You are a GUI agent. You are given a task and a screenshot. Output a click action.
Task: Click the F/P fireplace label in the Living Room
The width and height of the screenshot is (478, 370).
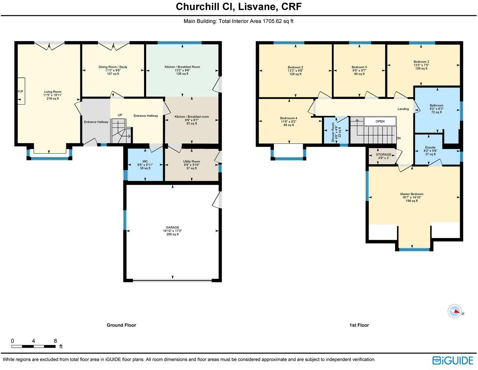pos(21,91)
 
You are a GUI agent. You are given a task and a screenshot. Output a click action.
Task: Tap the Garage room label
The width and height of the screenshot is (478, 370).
pos(172,227)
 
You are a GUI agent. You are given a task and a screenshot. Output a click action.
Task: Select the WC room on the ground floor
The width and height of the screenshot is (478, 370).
pos(145,165)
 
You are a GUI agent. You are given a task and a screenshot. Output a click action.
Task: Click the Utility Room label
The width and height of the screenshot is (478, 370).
pos(191,161)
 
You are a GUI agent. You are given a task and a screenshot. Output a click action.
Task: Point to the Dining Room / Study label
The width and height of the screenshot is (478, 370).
pos(113,67)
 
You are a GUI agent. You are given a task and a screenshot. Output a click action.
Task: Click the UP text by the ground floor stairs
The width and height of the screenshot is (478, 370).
pos(120,115)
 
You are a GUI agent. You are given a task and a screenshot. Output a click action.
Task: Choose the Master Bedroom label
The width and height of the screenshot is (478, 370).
pos(412,194)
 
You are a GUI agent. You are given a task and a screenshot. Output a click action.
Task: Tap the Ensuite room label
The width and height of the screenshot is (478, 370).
pos(430,147)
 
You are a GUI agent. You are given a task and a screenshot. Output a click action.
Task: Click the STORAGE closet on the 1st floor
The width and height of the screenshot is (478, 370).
pos(383,155)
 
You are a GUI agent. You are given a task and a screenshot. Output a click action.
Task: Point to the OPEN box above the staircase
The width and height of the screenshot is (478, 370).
pos(380,121)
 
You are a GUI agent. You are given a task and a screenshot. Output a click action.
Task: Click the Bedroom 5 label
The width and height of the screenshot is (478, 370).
pos(359,67)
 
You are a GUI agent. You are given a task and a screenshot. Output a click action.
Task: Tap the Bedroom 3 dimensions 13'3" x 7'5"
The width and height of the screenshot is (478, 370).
pos(421,65)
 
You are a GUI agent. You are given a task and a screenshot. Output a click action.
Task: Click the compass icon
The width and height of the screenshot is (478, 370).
pos(454,311)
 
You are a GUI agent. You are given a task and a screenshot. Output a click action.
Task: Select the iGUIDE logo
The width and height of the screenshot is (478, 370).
pos(453,360)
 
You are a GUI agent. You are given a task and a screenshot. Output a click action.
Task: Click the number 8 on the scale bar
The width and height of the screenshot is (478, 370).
pos(55,341)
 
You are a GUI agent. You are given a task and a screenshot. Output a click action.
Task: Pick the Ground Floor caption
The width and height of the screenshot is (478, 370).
pos(121,325)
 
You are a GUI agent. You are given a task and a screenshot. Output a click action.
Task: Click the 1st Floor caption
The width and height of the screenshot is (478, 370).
pos(359,325)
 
